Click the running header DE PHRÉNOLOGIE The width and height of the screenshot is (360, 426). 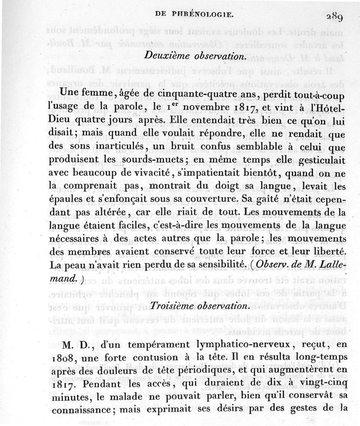194,14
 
